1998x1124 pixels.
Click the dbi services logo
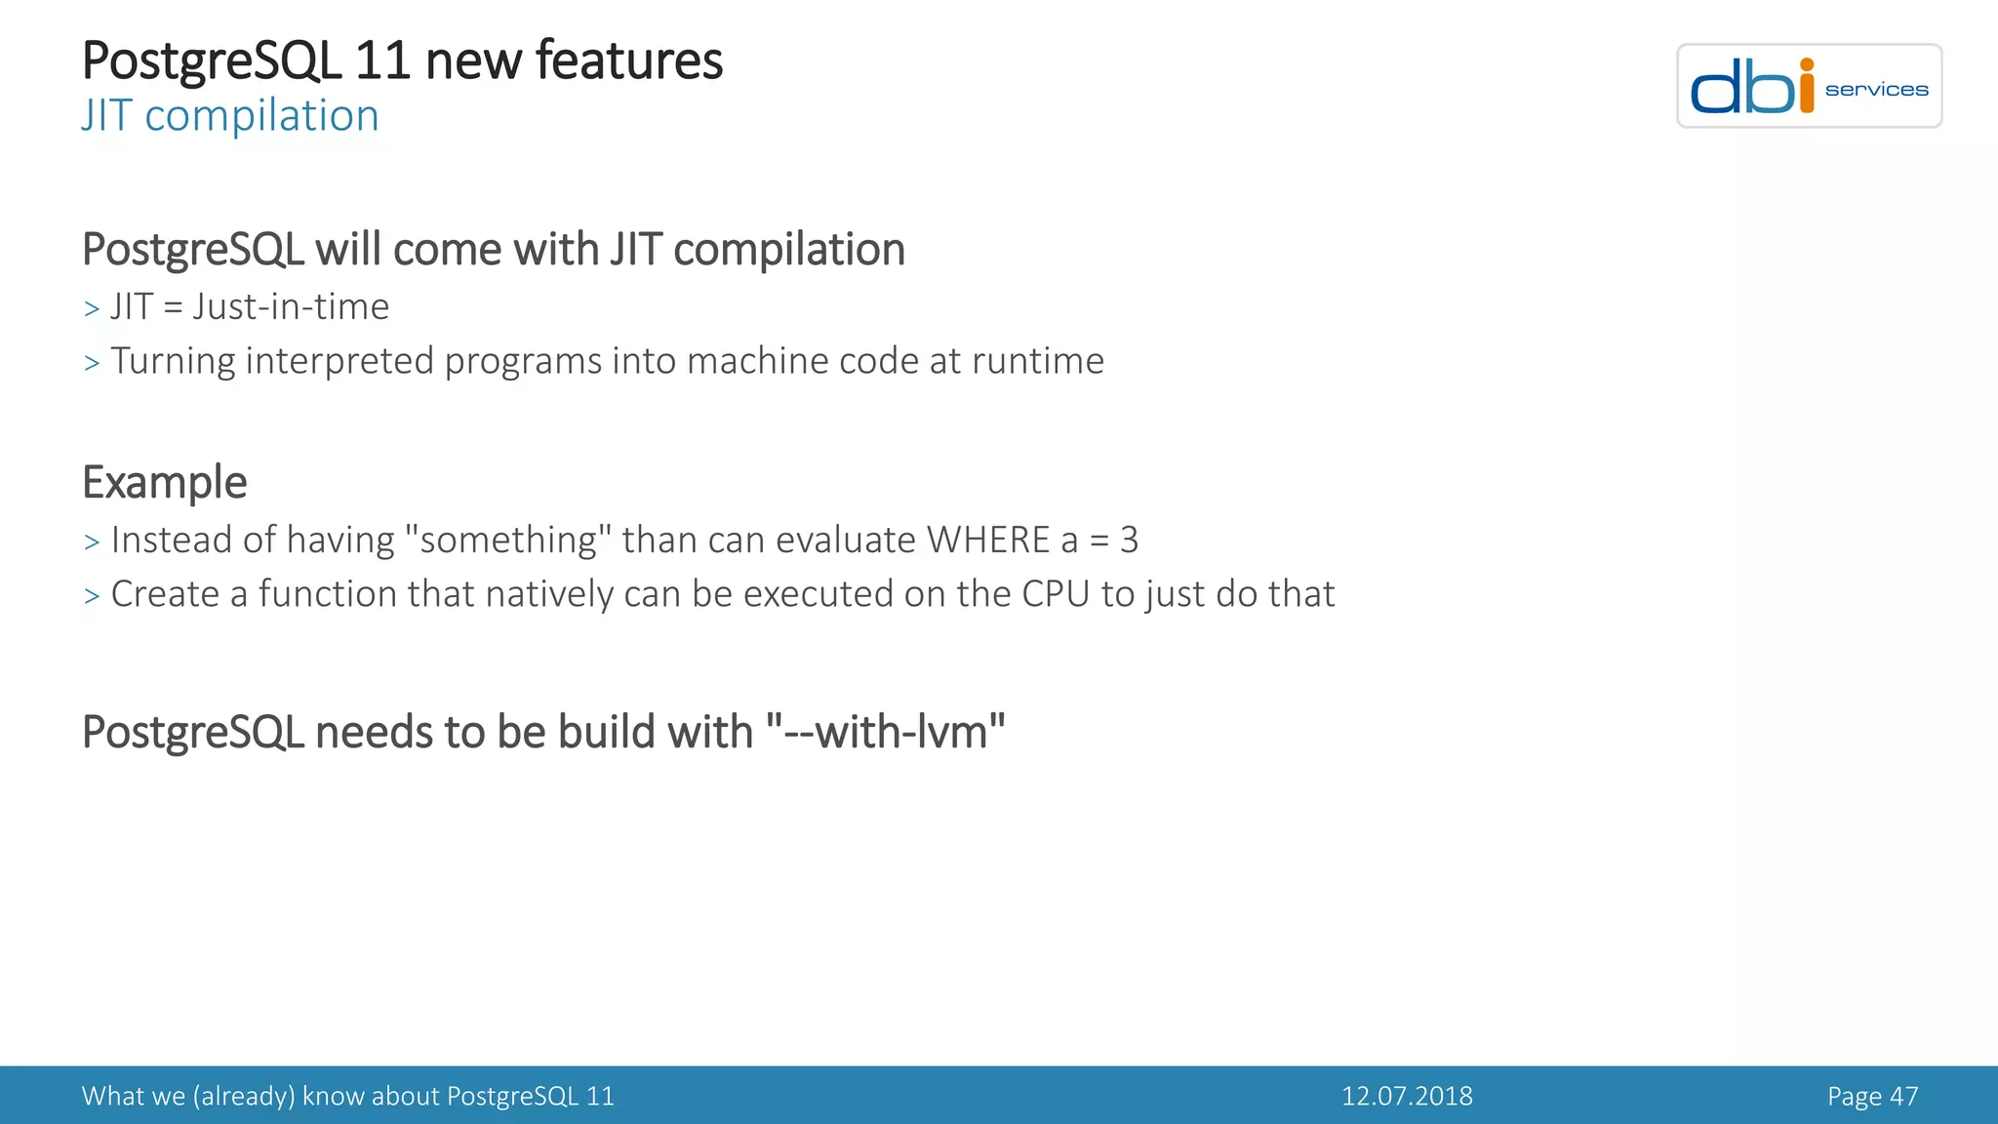1808,86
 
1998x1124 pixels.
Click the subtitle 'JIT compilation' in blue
230,116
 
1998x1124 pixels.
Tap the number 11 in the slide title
381,60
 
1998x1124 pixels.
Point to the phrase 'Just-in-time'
291,307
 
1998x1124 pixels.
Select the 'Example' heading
164,482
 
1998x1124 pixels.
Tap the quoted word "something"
507,540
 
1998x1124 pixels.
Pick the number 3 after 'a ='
1129,540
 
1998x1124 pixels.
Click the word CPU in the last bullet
1055,594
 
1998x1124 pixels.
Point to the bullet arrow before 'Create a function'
92,596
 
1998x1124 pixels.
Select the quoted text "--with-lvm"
885,732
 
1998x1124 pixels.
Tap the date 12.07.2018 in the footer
1407,1096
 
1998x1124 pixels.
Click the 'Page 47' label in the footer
1872,1096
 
